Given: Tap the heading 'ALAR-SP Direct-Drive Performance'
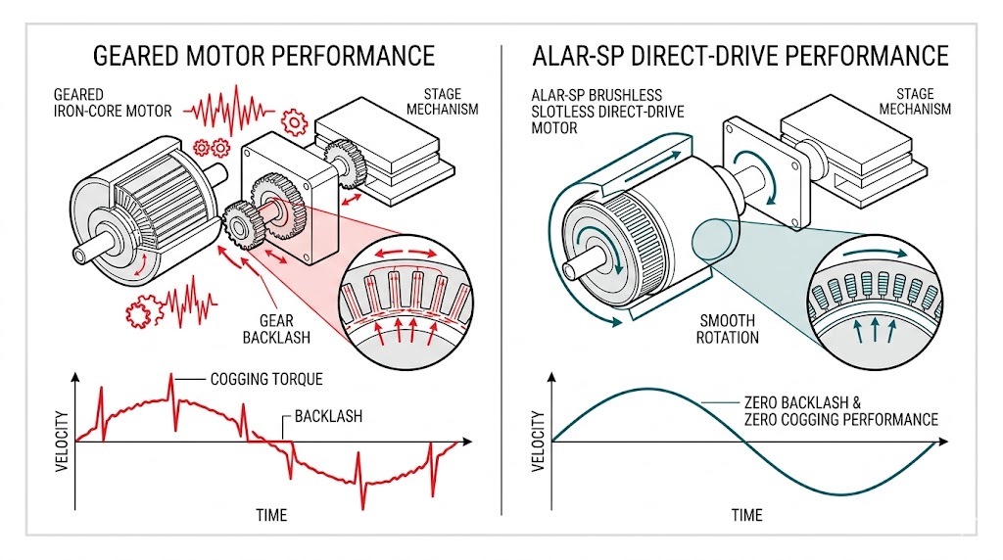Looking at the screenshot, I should click(740, 54).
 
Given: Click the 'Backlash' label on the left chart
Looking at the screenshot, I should click(328, 416).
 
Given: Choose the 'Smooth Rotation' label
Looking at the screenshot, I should click(731, 329).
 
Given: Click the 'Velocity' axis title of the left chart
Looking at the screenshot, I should click(61, 442).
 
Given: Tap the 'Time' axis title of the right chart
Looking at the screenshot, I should click(746, 515).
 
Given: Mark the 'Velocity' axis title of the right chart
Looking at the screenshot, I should click(537, 442).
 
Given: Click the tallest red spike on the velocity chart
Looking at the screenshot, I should click(172, 376).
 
